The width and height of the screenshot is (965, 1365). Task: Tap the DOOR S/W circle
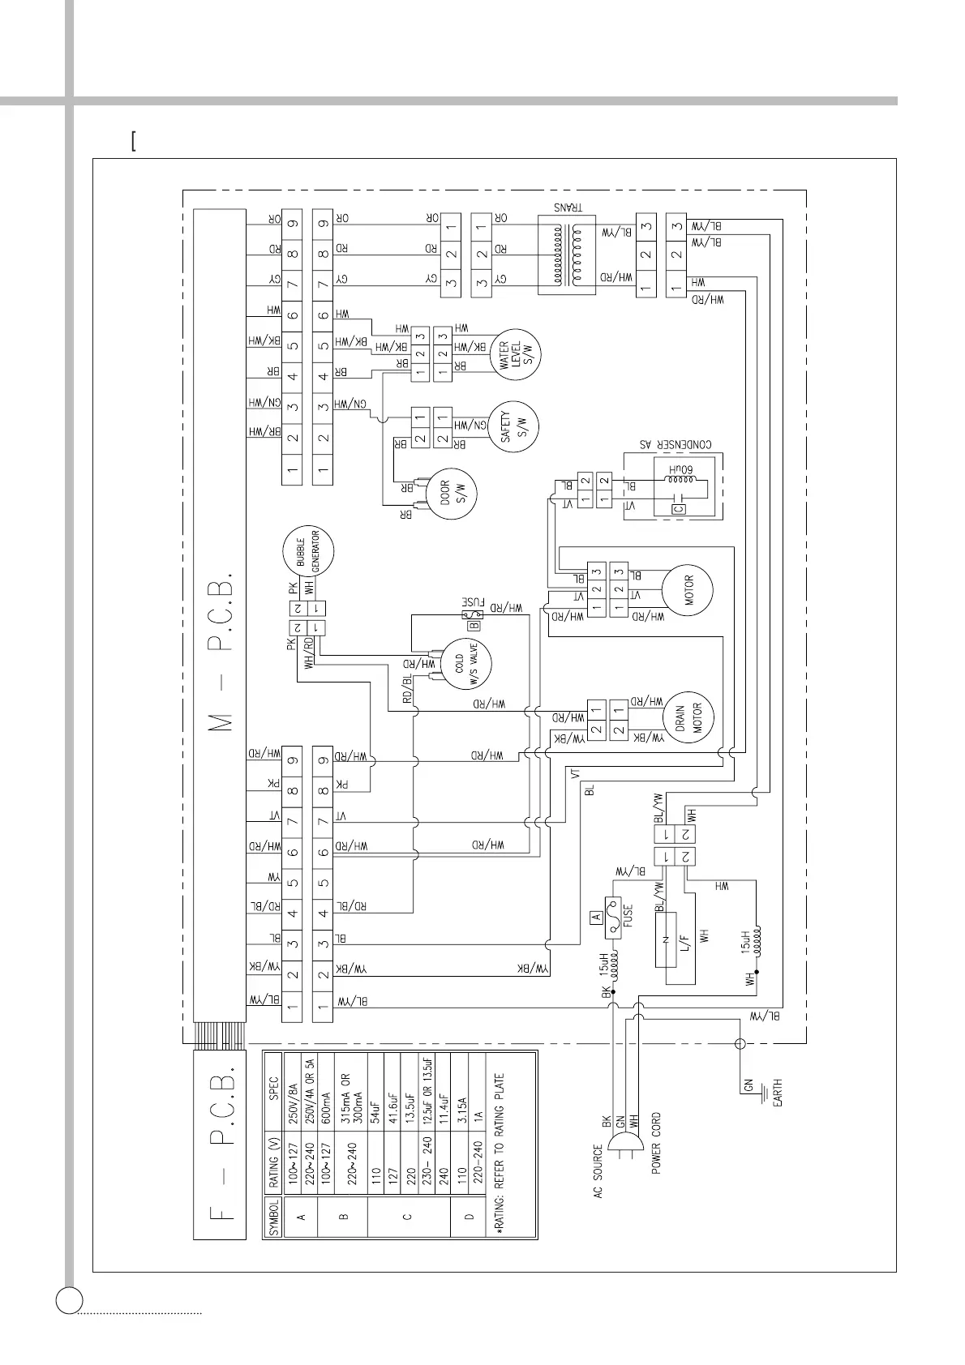451,494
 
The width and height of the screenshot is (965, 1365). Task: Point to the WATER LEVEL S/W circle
514,354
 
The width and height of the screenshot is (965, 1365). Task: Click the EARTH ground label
777,1094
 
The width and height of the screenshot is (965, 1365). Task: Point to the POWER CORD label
656,1143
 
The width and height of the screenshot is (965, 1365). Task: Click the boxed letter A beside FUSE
594,918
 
